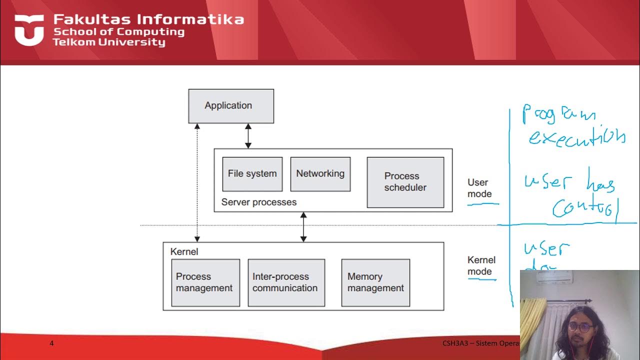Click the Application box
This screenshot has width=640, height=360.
[230, 106]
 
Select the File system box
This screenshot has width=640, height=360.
[252, 174]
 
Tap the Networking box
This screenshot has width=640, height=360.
[320, 174]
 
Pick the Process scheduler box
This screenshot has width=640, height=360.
[405, 182]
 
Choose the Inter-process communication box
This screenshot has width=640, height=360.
[286, 282]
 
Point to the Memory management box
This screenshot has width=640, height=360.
[375, 282]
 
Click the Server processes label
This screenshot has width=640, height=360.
[258, 202]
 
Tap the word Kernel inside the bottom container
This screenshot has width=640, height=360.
[184, 251]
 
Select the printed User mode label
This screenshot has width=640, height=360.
[479, 188]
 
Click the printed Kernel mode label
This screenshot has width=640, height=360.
[481, 265]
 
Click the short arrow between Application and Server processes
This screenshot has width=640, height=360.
[248, 136]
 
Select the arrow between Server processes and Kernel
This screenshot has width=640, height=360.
[303, 227]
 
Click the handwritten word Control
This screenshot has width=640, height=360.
[585, 207]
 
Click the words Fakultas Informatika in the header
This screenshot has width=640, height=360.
[148, 19]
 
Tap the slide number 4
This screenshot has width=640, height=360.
[51, 343]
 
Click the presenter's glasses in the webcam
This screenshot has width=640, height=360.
[581, 327]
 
